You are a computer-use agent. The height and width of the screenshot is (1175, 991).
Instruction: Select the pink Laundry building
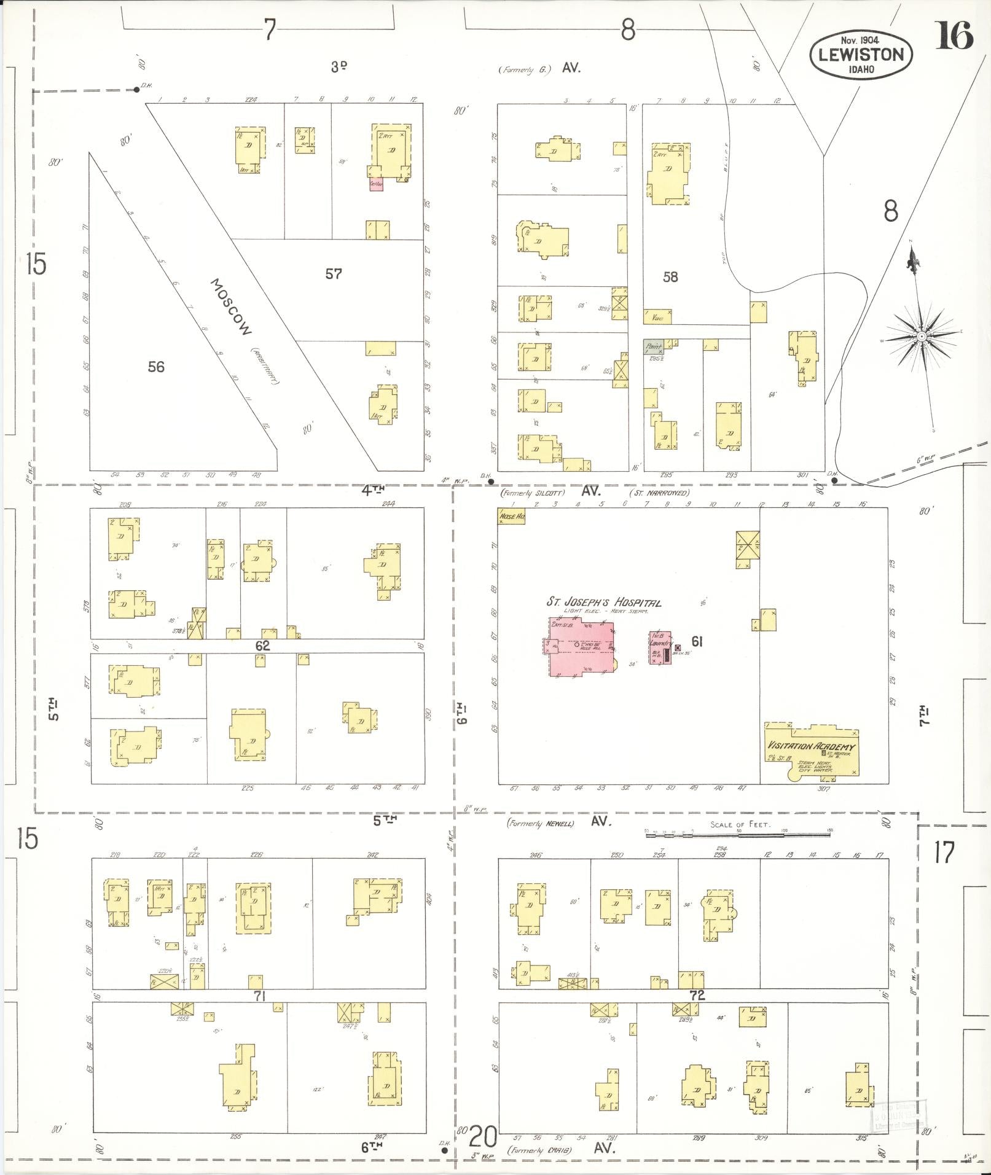pos(661,647)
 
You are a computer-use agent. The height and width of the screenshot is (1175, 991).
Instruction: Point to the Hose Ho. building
pos(511,517)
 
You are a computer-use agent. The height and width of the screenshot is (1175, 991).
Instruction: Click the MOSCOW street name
pos(231,308)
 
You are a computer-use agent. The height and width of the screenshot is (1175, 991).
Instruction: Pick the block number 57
pos(334,274)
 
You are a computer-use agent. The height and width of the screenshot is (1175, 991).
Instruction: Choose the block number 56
pos(156,367)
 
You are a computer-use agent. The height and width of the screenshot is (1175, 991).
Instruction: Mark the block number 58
pos(670,277)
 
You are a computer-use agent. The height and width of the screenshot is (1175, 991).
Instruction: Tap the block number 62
pos(262,646)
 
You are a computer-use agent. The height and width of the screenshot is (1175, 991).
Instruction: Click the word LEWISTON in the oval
pos(860,55)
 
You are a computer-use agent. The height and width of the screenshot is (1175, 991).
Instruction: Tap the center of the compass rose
pos(922,337)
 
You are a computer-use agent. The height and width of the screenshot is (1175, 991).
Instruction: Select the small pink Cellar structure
pos(376,184)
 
